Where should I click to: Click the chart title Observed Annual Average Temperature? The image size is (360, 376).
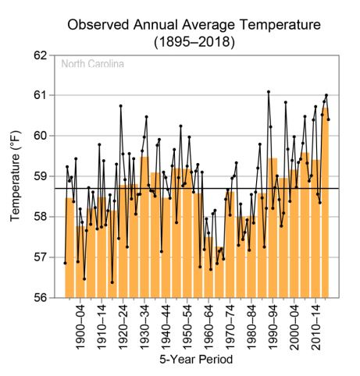pos(194,25)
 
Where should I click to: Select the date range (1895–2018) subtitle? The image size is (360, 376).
pos(194,42)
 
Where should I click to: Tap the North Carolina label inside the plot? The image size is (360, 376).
pos(93,64)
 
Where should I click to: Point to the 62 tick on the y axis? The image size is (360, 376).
pos(41,55)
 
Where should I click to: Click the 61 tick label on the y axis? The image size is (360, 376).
pos(41,95)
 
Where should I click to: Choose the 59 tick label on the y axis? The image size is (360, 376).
pos(41,176)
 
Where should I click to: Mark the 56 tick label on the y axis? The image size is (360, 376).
pos(41,298)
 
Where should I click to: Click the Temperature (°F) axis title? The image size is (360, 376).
pos(15,176)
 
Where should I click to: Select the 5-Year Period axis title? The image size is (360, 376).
pos(196,360)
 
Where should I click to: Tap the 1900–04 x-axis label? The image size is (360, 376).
pos(80,328)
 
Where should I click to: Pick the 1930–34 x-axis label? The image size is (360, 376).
pos(144,328)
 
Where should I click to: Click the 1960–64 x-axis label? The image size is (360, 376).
pos(209,328)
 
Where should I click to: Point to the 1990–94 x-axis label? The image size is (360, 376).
pos(273,328)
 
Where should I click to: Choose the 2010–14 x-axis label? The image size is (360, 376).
pos(315,328)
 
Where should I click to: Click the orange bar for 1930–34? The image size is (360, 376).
pos(144,227)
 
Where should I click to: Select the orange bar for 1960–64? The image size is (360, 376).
pos(209,268)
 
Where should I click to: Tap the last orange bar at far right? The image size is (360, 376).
pos(326,203)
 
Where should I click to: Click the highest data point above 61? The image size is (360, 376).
pos(269,92)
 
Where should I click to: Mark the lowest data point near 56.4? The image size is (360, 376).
pos(112,282)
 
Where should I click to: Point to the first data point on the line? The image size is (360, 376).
pos(65,263)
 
